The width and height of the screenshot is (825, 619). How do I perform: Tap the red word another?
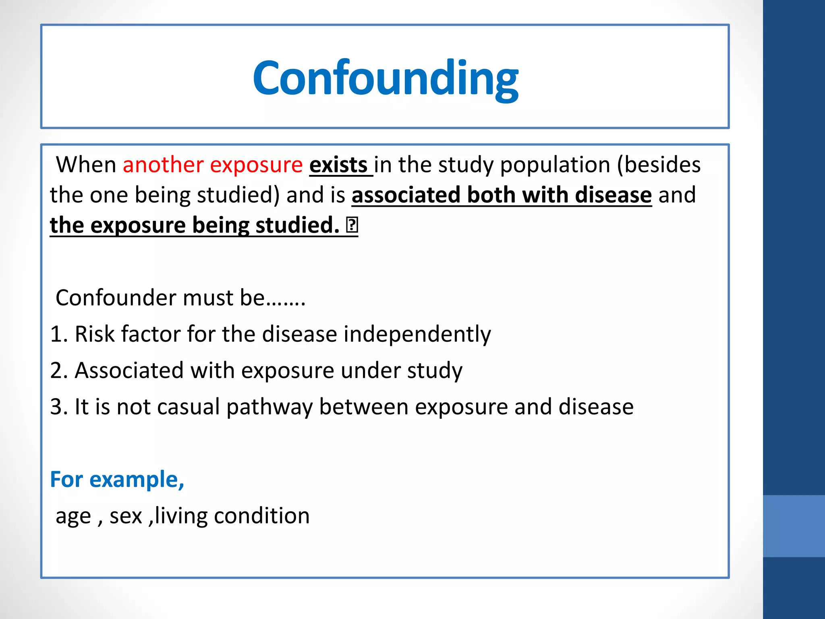tap(163, 165)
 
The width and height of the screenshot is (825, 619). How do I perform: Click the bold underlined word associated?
tap(406, 195)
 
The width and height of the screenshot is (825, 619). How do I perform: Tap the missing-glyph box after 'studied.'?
tap(352, 225)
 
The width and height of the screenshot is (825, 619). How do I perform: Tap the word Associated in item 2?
tap(129, 371)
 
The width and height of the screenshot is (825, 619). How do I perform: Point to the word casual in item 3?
tap(188, 407)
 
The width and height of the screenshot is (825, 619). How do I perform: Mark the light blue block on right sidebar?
tap(794, 526)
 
